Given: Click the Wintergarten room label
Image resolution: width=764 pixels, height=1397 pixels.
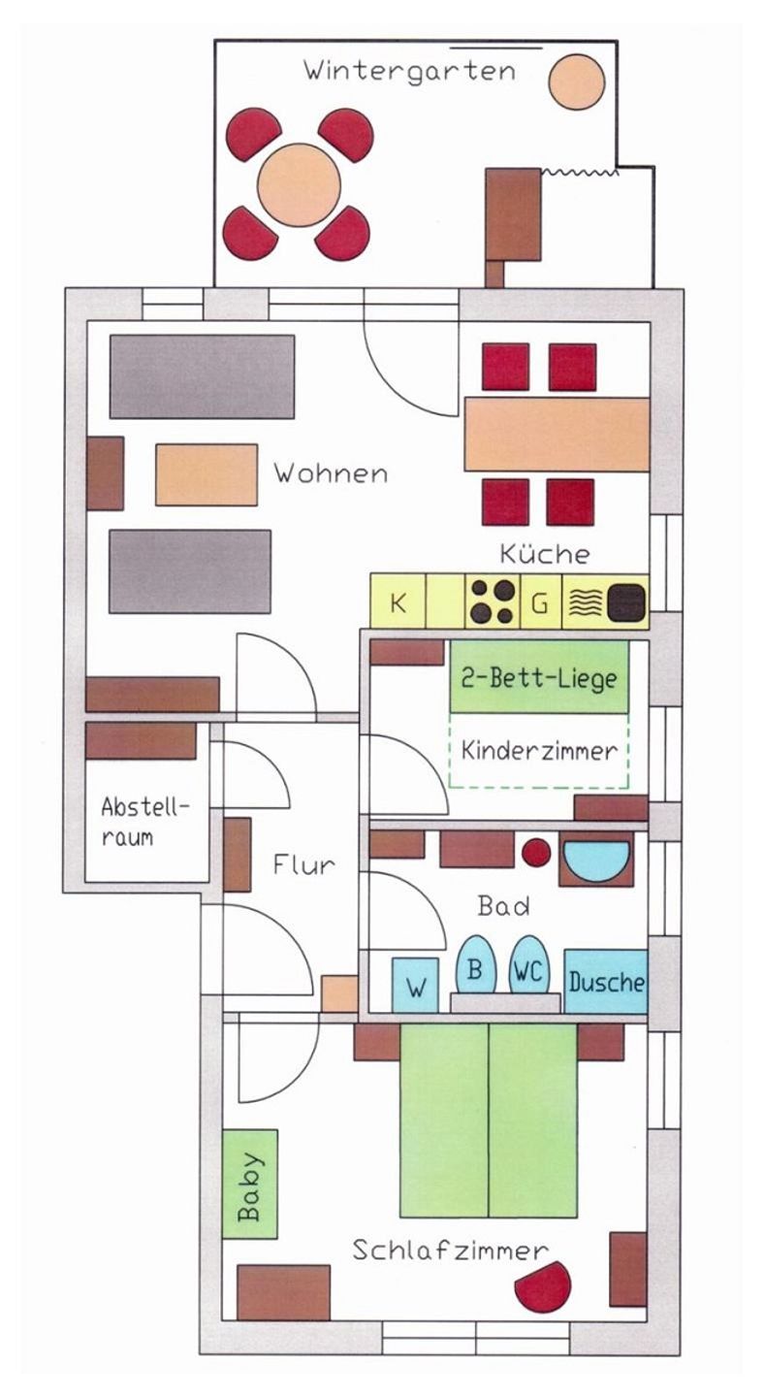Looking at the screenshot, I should click(x=408, y=71).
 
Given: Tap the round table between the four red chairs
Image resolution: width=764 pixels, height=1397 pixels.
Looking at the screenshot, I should click(x=301, y=184).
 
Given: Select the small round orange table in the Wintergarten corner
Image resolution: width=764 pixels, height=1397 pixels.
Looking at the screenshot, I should click(x=577, y=81).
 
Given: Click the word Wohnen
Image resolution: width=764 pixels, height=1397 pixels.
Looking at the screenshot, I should click(x=330, y=473).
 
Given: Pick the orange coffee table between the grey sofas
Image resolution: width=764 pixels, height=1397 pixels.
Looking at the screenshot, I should click(x=207, y=474).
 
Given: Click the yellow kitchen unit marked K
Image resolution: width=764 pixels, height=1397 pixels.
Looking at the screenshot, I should click(x=398, y=601).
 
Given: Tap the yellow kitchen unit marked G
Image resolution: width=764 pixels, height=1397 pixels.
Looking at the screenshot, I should click(x=541, y=601).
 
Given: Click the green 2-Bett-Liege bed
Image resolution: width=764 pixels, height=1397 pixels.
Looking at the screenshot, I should click(x=539, y=677).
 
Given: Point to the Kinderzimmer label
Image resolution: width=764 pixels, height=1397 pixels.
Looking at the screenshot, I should click(x=539, y=750).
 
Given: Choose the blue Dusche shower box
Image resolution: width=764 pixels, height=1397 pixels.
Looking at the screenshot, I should click(x=606, y=982).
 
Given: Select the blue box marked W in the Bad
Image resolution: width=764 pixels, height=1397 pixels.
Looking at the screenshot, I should click(x=415, y=986).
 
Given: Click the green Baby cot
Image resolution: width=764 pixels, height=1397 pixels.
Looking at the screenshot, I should click(x=250, y=1184).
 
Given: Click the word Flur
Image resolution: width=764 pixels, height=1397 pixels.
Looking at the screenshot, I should click(x=303, y=864).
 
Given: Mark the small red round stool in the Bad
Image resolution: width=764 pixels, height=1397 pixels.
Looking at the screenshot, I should click(x=536, y=853).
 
